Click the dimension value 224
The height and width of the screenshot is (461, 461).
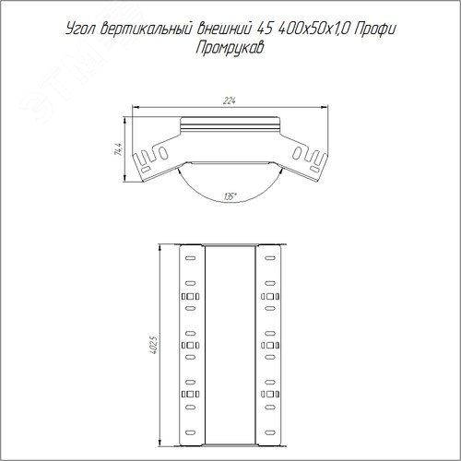coord(230,100)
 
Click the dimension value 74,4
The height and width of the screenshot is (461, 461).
coord(119,149)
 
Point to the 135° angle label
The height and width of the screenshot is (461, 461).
coord(230,196)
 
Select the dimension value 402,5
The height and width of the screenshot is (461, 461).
coord(154,345)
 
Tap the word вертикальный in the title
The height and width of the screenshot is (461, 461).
coord(146,30)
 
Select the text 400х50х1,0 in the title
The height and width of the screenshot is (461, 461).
coord(313,30)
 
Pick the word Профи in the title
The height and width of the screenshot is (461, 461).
coord(375,30)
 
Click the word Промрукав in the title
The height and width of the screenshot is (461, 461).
coord(230,49)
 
